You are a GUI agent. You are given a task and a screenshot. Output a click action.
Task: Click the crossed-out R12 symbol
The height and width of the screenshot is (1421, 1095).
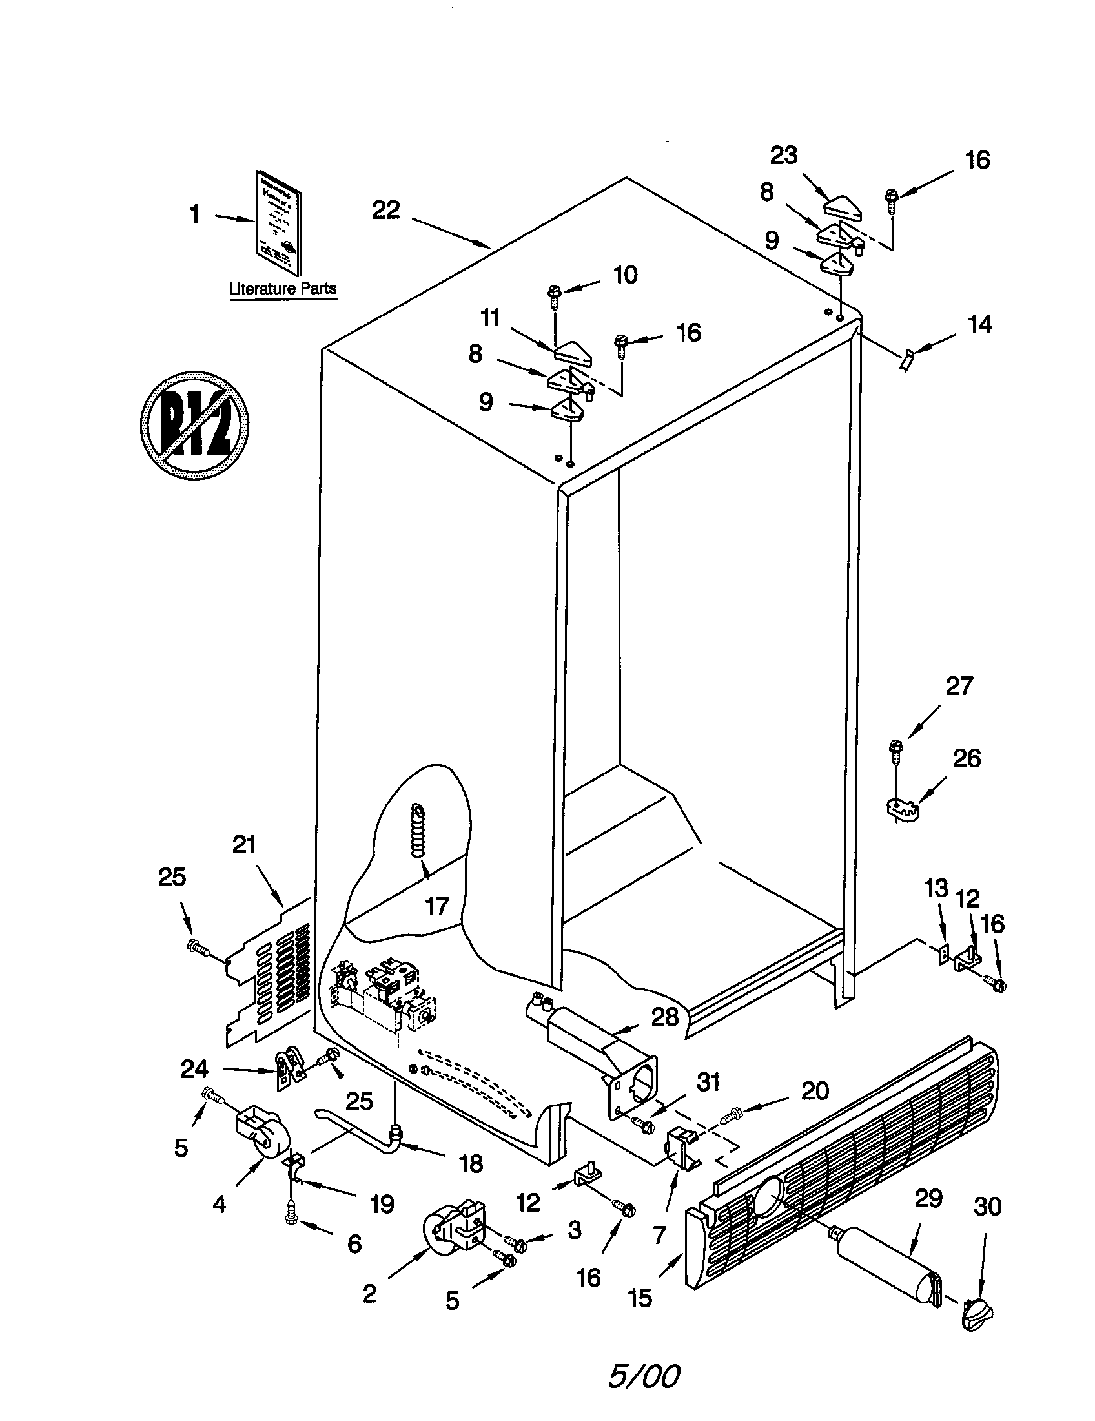point(194,426)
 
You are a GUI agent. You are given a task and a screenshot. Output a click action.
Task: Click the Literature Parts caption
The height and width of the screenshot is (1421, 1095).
point(282,288)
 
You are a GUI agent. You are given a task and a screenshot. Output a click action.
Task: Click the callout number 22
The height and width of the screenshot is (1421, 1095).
point(385,210)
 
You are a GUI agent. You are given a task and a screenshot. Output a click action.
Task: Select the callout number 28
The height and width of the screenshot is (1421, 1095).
point(664,1016)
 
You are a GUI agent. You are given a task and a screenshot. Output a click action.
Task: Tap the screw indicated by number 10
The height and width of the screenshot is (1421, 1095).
point(555,296)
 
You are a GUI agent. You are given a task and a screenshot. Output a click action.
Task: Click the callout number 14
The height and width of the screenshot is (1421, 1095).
point(980,324)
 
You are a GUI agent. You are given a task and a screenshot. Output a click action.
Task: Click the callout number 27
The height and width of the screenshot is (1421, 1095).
point(959,686)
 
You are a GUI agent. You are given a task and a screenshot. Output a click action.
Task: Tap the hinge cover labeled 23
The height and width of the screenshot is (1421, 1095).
point(842,208)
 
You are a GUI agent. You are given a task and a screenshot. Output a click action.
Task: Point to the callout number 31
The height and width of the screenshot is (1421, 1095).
point(708,1082)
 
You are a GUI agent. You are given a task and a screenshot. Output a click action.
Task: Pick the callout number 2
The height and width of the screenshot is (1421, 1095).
point(369,1294)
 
